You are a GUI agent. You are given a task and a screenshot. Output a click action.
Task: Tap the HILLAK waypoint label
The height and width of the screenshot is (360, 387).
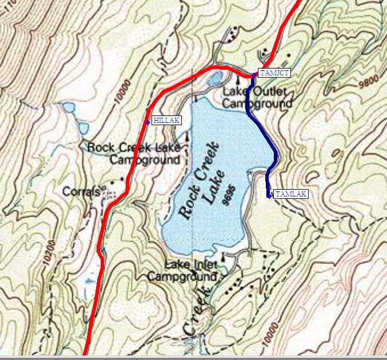pos(166,121)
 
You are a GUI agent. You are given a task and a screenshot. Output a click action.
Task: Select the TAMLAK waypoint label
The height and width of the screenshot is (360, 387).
pos(291,194)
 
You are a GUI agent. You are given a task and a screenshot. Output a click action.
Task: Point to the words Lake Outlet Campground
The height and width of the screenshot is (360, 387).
pos(257,98)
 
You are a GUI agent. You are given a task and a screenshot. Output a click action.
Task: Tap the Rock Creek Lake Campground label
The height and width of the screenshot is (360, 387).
pos(134,154)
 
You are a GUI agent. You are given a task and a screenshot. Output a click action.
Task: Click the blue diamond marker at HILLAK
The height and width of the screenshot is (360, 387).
pos(147,122)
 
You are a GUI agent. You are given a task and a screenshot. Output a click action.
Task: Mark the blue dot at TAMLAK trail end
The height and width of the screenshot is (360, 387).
pos(269,195)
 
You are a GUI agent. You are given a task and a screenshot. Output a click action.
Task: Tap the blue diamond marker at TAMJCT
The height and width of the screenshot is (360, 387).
pos(253,74)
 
